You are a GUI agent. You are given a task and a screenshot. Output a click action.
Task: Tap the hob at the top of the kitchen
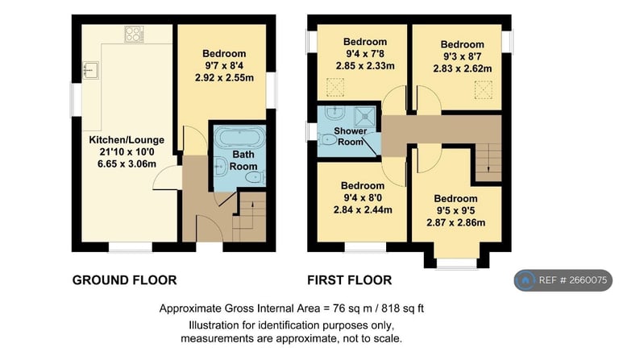coord(133,34)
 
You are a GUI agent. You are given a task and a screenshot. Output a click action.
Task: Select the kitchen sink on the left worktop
coord(91,70)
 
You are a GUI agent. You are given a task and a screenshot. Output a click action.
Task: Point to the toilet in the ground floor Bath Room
coord(252,176)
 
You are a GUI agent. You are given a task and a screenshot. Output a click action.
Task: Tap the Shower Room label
coord(350,136)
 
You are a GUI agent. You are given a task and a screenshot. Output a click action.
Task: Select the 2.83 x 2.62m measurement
coord(463,69)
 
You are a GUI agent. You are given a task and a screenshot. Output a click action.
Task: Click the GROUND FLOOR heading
coord(124,280)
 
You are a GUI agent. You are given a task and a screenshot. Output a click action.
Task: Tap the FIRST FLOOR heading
coord(349,280)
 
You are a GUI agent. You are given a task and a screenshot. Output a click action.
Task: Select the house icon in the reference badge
coord(526,280)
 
